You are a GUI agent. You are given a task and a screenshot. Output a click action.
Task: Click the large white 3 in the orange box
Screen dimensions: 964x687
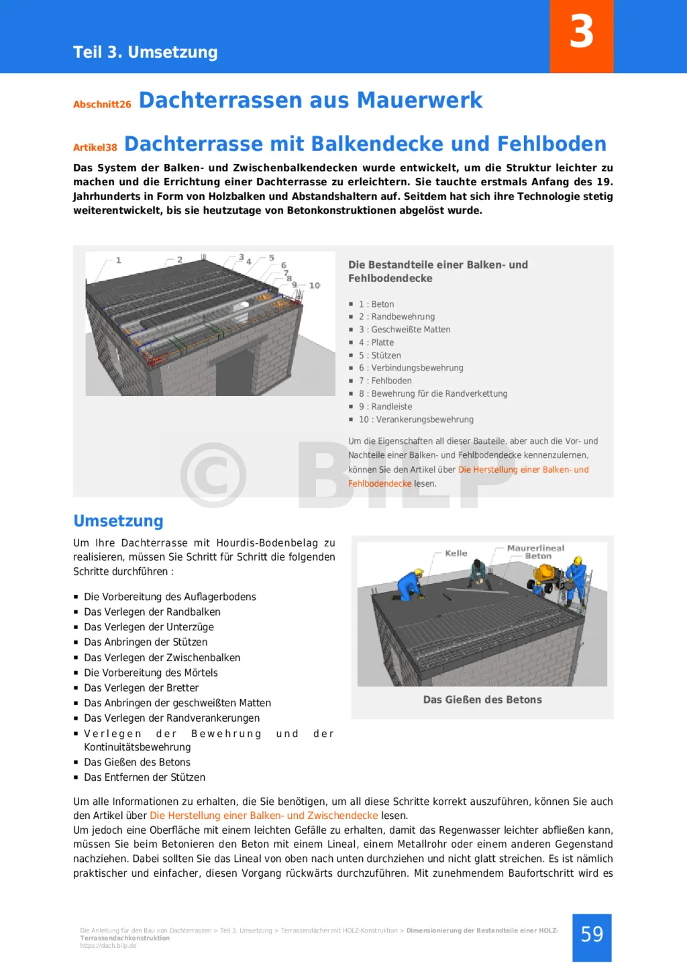click(x=582, y=32)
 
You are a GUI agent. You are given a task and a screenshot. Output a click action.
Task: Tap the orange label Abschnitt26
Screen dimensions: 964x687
click(x=102, y=105)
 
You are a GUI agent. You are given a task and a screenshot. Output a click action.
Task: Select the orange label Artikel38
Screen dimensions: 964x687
click(x=95, y=148)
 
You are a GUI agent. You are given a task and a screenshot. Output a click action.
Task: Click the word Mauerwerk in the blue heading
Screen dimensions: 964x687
click(x=419, y=101)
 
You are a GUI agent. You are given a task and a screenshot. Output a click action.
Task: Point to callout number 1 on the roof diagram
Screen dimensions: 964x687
click(x=119, y=260)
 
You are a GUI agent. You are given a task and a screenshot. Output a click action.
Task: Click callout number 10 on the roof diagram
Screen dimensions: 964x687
click(x=314, y=285)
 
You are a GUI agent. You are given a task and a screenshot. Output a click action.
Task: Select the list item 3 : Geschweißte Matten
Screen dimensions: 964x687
click(x=405, y=330)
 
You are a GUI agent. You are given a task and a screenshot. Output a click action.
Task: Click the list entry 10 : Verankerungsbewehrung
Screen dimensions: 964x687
click(x=416, y=420)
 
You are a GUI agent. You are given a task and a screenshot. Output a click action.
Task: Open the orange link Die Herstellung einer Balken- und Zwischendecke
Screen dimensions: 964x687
click(x=264, y=816)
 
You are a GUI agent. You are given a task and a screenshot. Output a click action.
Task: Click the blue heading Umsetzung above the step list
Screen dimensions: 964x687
click(x=118, y=522)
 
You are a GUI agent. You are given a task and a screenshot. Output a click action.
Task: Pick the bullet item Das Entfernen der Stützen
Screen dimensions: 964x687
click(x=144, y=777)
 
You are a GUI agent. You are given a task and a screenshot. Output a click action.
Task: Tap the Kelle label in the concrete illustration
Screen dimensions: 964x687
click(x=456, y=553)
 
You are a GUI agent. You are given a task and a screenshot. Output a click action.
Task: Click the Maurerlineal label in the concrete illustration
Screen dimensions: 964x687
click(x=535, y=548)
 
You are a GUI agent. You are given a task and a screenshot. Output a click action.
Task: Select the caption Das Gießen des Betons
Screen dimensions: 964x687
click(x=482, y=700)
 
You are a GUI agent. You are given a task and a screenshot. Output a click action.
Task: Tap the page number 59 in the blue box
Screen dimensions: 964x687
click(x=592, y=934)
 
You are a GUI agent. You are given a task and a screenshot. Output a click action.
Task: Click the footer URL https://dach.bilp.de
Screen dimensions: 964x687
click(x=108, y=946)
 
